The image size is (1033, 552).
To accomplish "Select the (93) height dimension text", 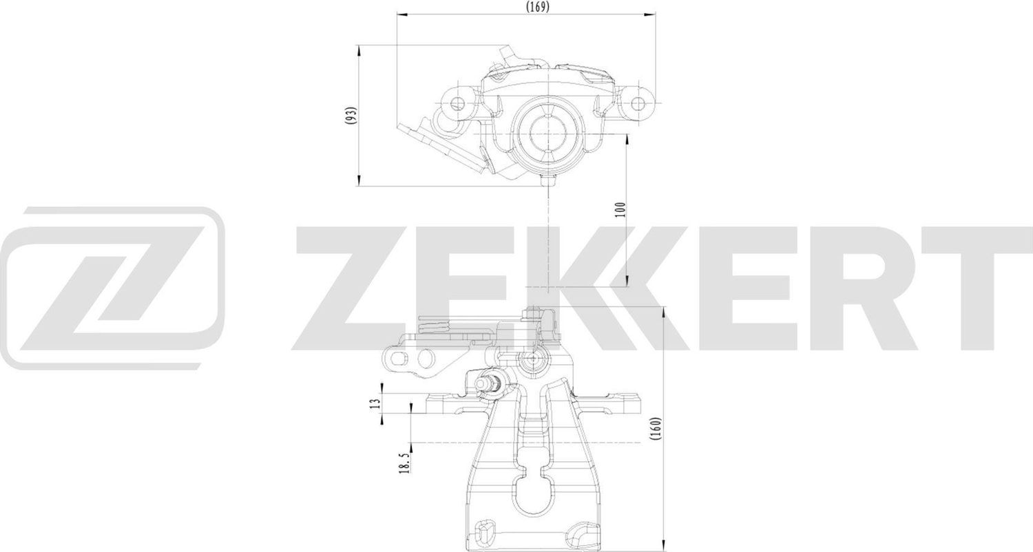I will (x=351, y=115).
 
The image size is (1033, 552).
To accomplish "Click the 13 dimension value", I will (x=375, y=403).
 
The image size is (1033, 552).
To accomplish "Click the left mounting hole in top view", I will (x=458, y=104).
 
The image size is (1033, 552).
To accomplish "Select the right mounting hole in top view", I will (x=638, y=104).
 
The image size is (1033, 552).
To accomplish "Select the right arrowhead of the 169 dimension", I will (x=651, y=13).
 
